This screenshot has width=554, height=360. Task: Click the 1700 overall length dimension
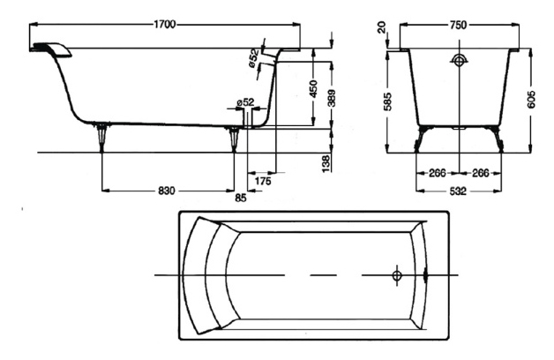pyautogui.click(x=165, y=25)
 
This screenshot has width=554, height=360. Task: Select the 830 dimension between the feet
pyautogui.click(x=166, y=191)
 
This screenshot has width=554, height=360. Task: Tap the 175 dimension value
pyautogui.click(x=263, y=181)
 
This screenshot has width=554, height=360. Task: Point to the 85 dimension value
pyautogui.click(x=241, y=199)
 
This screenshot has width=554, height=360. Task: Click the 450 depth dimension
pyautogui.click(x=313, y=89)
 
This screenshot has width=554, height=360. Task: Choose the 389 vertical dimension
pyautogui.click(x=331, y=98)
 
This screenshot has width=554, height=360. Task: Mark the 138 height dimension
pyautogui.click(x=326, y=163)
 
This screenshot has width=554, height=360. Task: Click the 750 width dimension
pyautogui.click(x=458, y=25)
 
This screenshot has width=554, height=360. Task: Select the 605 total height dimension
pyautogui.click(x=531, y=100)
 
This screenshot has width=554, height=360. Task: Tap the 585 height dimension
pyautogui.click(x=387, y=101)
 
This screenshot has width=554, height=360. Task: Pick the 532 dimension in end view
pyautogui.click(x=458, y=191)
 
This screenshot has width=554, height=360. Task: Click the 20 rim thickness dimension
pyautogui.click(x=382, y=27)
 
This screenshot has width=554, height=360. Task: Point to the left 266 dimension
pyautogui.click(x=438, y=173)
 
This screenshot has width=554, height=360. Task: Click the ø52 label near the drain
pyautogui.click(x=245, y=102)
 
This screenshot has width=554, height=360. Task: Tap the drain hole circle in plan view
pyautogui.click(x=397, y=275)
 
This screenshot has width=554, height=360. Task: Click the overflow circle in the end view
pyautogui.click(x=459, y=61)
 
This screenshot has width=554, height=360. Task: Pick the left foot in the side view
pyautogui.click(x=101, y=137)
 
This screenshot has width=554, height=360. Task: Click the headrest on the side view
pyautogui.click(x=52, y=49)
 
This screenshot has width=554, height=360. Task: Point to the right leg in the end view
pyautogui.click(x=498, y=139)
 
